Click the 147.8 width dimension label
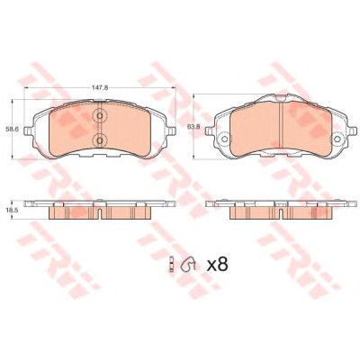pyautogui.click(x=101, y=87)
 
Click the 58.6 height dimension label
pyautogui.click(x=12, y=130)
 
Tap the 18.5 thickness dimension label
pyautogui.click(x=12, y=211)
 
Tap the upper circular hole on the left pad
pyautogui.click(x=100, y=116)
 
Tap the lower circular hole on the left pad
pyautogui.click(x=100, y=139)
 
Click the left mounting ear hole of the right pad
pyautogui.click(x=224, y=139)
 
